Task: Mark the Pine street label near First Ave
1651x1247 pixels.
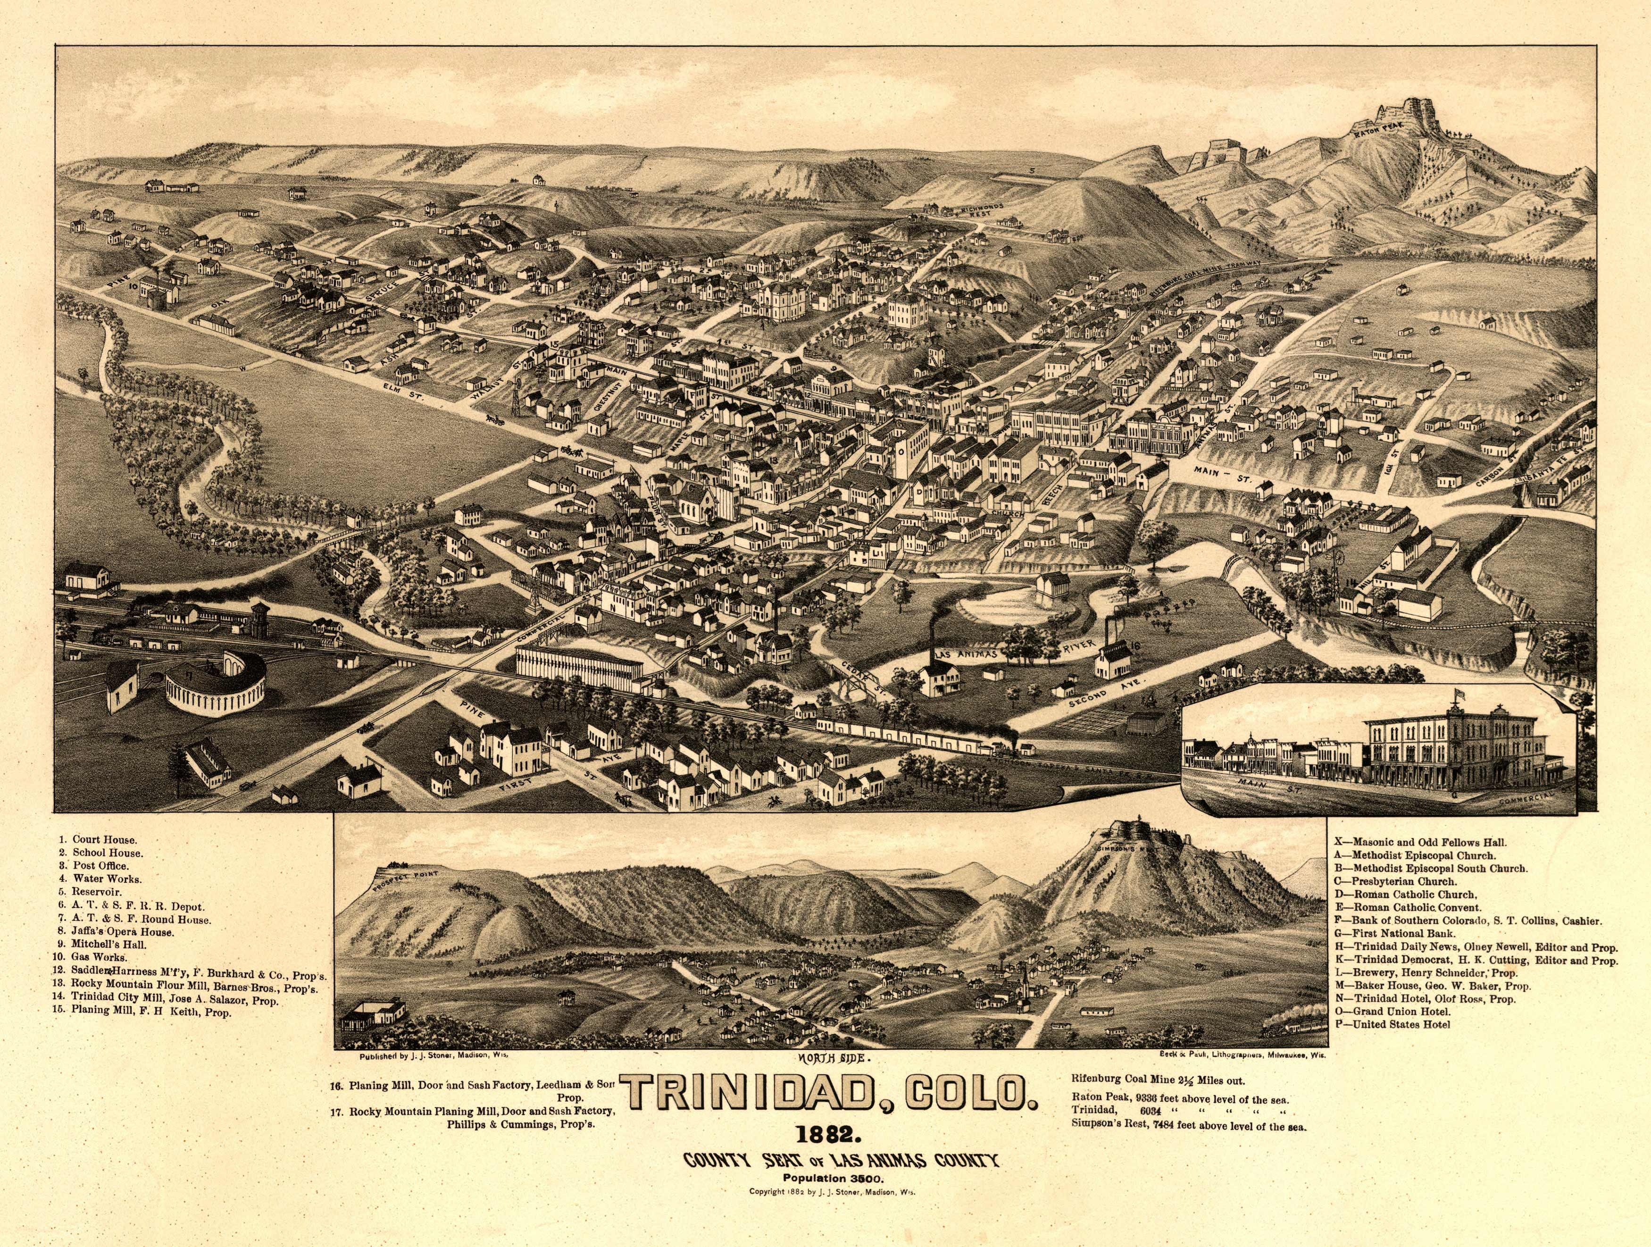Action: point(473,712)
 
